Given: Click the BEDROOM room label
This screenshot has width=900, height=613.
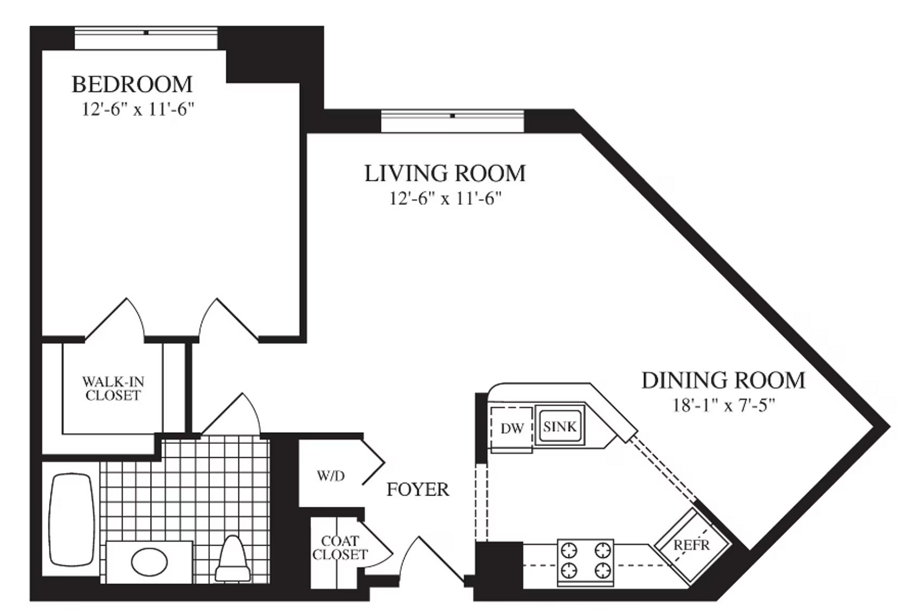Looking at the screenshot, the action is (132, 85).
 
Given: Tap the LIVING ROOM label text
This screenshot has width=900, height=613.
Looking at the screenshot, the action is (445, 174).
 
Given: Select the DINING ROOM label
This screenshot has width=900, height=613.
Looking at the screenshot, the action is (723, 381).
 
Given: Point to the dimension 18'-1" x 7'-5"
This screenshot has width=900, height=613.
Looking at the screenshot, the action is (723, 405).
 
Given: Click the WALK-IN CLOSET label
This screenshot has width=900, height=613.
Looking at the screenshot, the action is (113, 388).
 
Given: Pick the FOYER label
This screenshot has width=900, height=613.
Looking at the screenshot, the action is (418, 490).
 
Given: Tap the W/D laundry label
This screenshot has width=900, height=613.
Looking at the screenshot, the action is (331, 476).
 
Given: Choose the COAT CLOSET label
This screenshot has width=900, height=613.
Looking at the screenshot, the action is (340, 548).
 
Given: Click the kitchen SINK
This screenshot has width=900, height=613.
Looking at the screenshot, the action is (560, 427).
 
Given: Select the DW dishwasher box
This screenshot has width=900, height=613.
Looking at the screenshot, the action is (512, 429).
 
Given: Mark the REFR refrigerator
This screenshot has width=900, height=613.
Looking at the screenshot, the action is (692, 545).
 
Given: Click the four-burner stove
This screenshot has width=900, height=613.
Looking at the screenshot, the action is (586, 561).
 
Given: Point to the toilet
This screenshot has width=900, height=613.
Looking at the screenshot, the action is (233, 559).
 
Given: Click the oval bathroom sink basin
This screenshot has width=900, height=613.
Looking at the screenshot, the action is (149, 561).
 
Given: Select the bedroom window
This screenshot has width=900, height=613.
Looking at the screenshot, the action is (146, 38).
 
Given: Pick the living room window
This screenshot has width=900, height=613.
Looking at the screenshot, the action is (452, 120).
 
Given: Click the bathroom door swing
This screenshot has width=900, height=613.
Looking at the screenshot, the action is (230, 414).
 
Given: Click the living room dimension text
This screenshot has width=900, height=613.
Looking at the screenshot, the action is (445, 198).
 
